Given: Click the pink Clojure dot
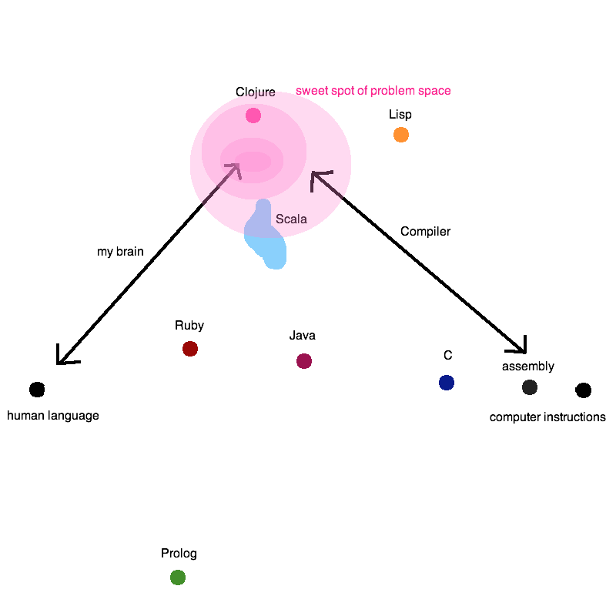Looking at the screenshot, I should (253, 115).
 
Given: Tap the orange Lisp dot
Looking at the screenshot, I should (401, 135).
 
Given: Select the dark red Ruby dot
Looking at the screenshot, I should (190, 349).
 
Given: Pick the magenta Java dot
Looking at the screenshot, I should (304, 361).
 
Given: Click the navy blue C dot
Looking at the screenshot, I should (447, 383).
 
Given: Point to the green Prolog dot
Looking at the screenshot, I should (178, 577).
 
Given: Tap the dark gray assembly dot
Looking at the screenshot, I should (530, 387).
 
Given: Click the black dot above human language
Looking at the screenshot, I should (37, 390).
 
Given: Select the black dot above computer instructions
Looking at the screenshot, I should (584, 390).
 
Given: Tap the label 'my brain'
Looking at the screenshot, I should (120, 252).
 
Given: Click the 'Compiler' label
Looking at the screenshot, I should (425, 231).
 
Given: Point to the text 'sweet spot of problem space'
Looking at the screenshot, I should (373, 91).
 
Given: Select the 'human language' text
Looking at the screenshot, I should (53, 416).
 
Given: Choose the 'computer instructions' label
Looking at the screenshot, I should (547, 417).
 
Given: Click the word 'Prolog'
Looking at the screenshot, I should (179, 554).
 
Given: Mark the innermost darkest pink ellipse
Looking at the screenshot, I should (253, 162).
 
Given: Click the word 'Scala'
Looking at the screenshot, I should (291, 219).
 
